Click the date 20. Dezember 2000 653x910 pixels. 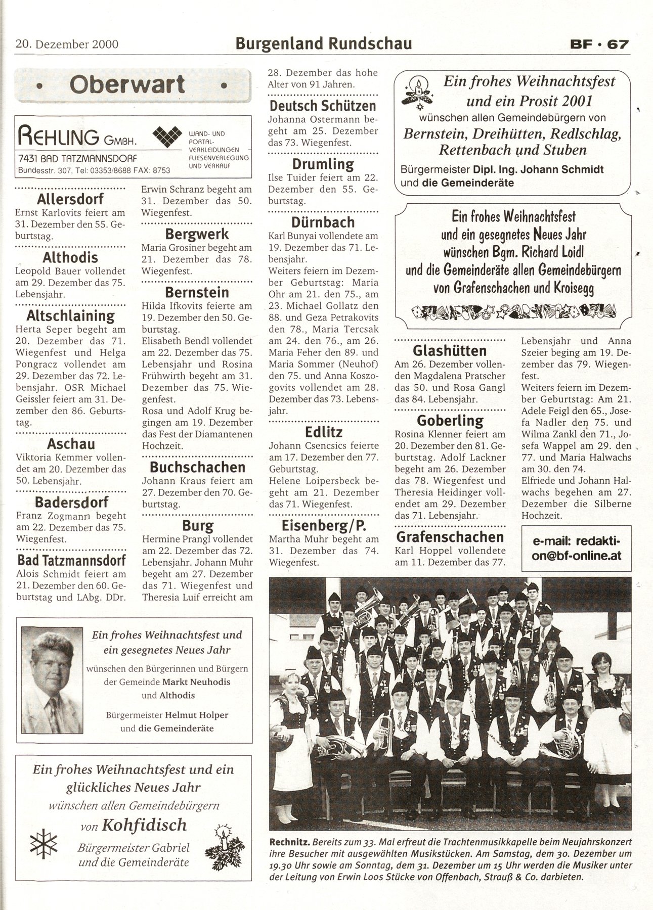click(x=67, y=44)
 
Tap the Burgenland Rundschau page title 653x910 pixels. click(x=324, y=44)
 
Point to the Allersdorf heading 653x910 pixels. click(x=70, y=198)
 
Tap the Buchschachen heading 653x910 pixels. click(x=197, y=467)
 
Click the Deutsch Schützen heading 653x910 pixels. click(x=323, y=106)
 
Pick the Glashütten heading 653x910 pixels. click(x=450, y=350)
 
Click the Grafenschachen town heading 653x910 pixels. click(x=450, y=536)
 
